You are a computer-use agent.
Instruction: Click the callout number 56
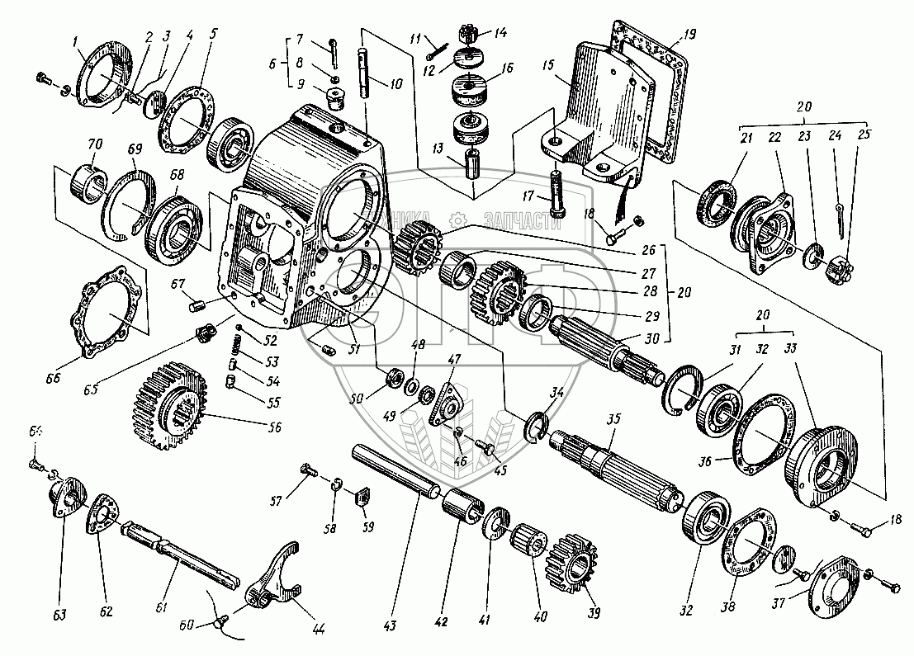coord(275,427)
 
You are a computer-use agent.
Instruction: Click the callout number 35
coord(613,418)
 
